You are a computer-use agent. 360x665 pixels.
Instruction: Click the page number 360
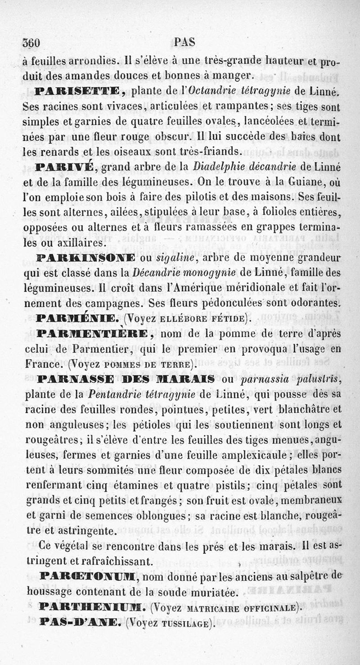coord(31,43)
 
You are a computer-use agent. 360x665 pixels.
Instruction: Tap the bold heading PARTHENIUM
coord(92,608)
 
